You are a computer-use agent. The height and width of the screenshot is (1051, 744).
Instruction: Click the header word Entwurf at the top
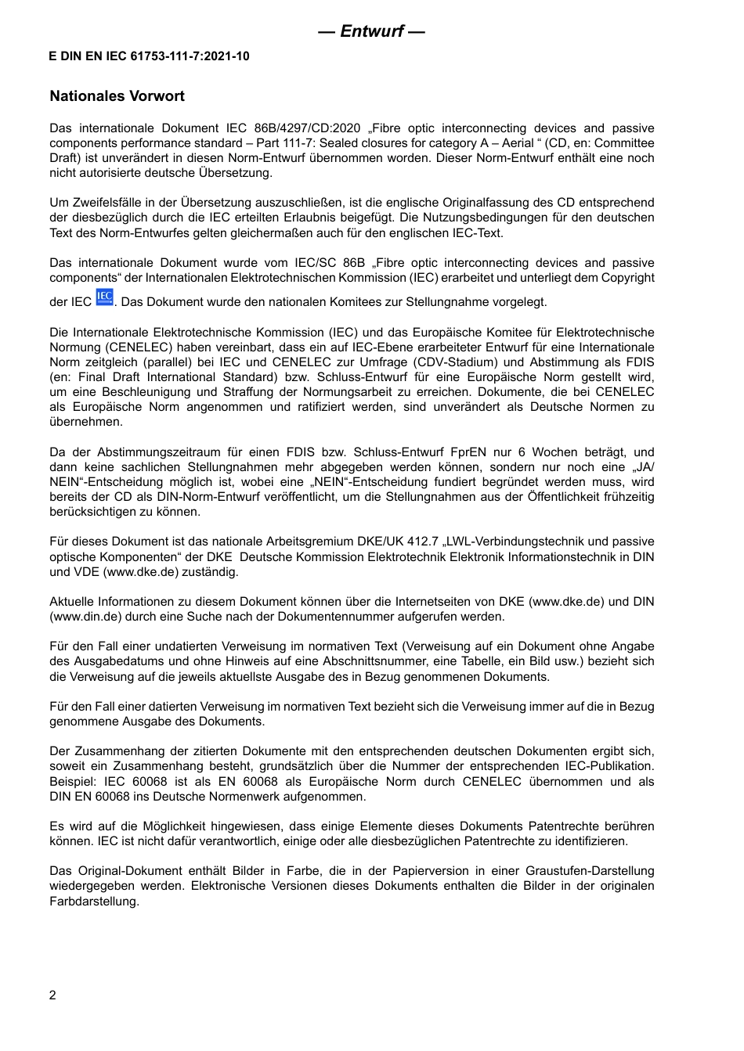click(372, 31)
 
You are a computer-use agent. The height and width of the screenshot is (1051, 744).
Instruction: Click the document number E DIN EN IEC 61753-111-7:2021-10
click(150, 56)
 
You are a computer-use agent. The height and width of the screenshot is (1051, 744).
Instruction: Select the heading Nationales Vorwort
click(117, 96)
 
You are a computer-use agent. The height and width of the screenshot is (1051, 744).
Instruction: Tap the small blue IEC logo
click(105, 297)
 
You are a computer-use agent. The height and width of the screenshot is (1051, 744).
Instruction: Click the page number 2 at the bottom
click(52, 995)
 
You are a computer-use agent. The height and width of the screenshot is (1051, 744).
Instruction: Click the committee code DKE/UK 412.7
click(401, 542)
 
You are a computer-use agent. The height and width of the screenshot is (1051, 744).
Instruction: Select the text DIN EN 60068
click(87, 797)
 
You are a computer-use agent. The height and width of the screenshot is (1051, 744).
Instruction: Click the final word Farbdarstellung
click(94, 901)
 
